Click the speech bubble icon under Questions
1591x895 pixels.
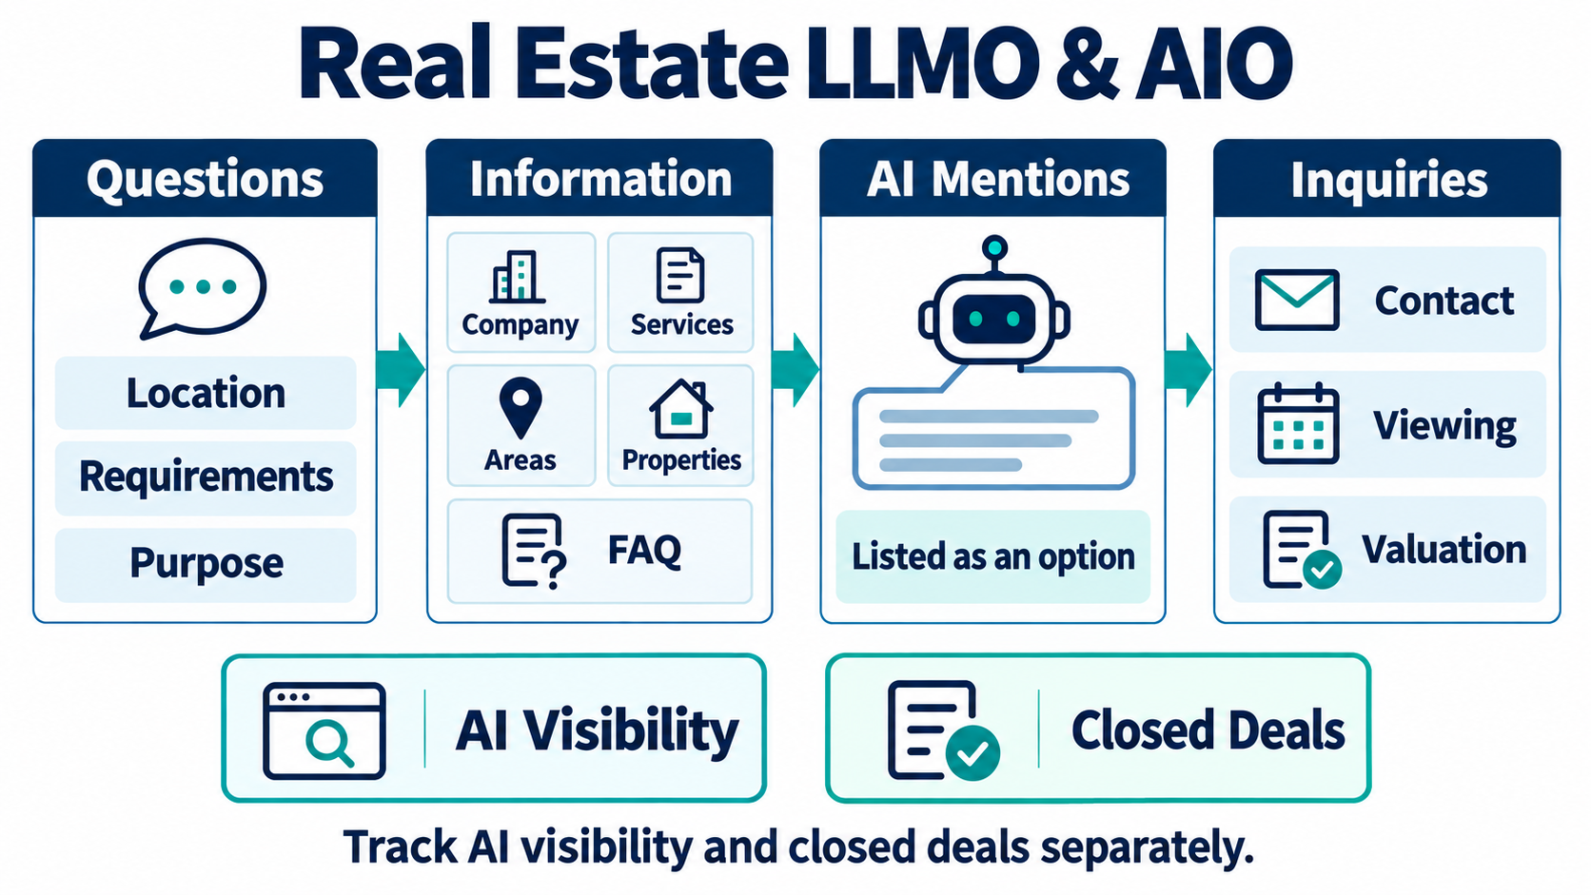tap(203, 287)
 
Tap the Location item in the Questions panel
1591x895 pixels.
tap(206, 393)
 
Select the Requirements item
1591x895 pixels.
tap(206, 477)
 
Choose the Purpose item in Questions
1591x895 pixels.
tap(206, 564)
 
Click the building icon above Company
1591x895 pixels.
tap(518, 277)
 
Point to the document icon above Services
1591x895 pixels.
tap(679, 276)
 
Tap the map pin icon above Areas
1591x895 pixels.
tap(521, 408)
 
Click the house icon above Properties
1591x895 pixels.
tap(680, 409)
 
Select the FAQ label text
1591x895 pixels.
tap(644, 550)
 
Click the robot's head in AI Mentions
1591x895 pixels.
tap(993, 319)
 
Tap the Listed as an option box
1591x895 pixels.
tap(993, 556)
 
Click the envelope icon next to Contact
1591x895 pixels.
tap(1297, 300)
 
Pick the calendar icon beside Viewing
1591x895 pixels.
tap(1298, 424)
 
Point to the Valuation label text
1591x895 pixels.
tap(1444, 550)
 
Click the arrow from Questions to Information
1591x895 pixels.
tap(402, 370)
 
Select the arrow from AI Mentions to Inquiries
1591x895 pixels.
tap(1188, 370)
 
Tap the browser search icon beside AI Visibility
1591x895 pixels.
tap(324, 731)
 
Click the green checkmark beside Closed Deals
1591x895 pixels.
tap(972, 753)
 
